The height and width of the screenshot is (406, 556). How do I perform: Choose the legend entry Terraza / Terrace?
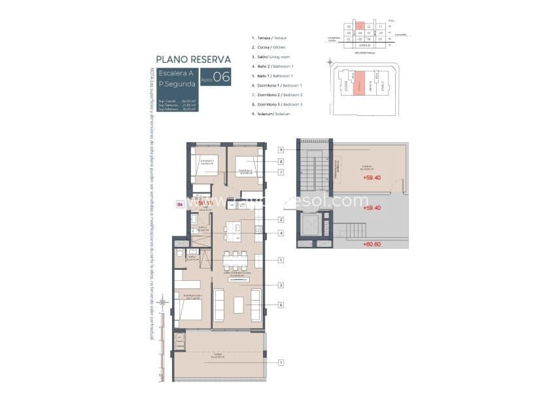[x=268, y=39]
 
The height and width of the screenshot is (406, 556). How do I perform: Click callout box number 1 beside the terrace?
[x=281, y=362]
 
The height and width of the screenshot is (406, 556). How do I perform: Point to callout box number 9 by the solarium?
[x=281, y=149]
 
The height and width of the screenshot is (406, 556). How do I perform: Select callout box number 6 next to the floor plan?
[x=281, y=304]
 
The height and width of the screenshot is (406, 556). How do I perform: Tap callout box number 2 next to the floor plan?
[x=281, y=220]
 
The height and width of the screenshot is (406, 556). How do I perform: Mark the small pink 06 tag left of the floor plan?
[x=180, y=205]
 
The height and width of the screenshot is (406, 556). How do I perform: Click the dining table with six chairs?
[x=235, y=261]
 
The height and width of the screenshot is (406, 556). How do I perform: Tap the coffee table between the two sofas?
[x=238, y=304]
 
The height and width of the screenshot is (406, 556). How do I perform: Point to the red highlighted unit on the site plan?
[x=358, y=84]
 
